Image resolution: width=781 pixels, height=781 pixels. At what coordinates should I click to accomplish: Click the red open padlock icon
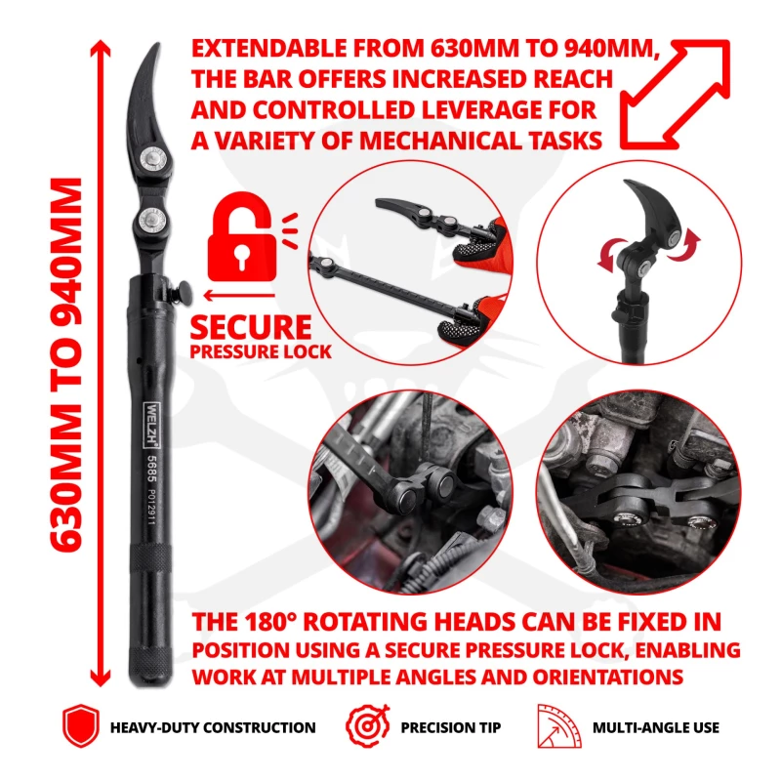[242, 237]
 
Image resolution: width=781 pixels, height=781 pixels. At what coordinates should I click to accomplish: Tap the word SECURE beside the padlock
[251, 327]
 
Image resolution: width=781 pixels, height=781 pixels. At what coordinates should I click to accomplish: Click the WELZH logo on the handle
[151, 424]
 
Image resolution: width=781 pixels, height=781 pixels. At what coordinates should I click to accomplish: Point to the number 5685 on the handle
[152, 470]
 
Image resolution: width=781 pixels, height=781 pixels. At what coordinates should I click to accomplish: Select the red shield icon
[81, 726]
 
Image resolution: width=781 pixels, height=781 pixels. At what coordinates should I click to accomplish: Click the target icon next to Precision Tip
[368, 725]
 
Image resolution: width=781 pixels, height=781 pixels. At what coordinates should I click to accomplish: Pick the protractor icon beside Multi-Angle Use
[558, 726]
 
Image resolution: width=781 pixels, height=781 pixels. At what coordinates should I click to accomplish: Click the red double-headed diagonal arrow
[675, 94]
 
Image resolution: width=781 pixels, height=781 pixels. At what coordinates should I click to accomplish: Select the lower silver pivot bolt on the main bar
[152, 219]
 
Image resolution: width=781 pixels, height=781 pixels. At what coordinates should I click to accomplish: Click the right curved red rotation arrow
[685, 245]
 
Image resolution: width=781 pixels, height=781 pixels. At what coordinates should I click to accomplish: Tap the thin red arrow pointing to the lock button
[239, 296]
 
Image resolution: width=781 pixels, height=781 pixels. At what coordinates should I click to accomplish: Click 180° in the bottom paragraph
[270, 622]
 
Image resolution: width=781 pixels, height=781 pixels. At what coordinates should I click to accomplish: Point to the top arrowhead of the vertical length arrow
[101, 48]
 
